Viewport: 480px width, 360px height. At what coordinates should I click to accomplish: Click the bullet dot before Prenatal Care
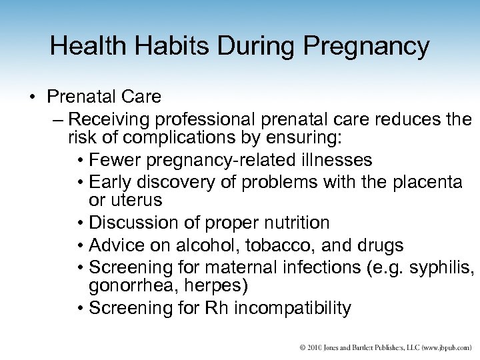[x=32, y=98]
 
